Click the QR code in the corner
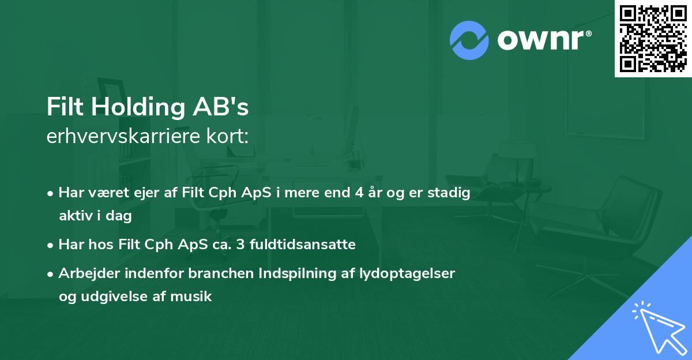653,39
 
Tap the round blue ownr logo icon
469,40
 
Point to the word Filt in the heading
65,108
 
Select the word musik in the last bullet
194,297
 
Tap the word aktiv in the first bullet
77,216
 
